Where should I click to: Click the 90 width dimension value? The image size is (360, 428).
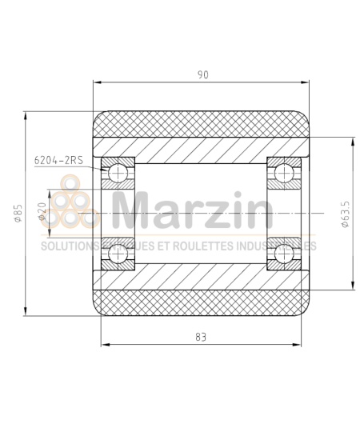pos(202,74)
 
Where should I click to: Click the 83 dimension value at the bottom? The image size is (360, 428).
pos(200,337)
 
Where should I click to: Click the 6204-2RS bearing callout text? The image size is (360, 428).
pos(58,159)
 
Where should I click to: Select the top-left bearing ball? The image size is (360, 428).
pos(119,173)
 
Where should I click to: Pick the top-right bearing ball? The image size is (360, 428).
pos(283,173)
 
